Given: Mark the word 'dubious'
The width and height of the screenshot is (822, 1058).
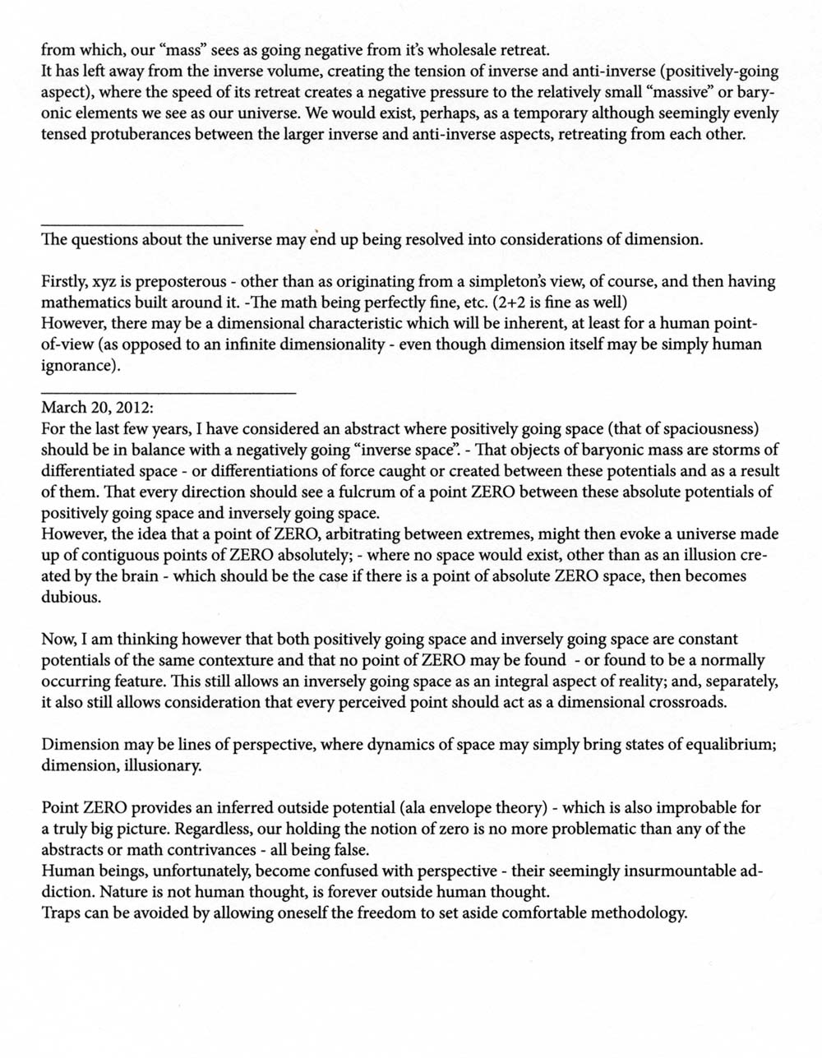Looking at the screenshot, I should pyautogui.click(x=71, y=598).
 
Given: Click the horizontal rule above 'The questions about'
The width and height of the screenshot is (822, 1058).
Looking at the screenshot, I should pyautogui.click(x=141, y=225).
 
